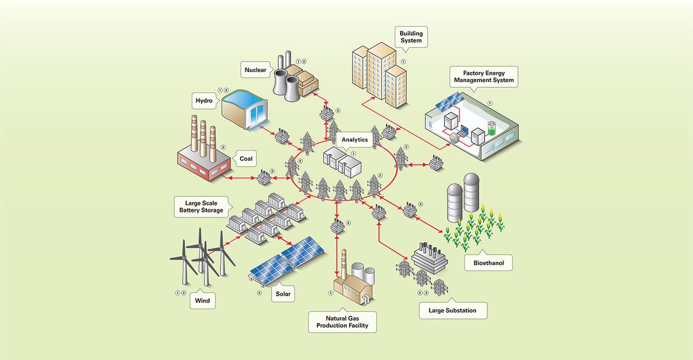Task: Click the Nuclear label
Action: coord(256,70)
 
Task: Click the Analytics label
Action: coord(355,140)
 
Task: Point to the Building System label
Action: coord(411,37)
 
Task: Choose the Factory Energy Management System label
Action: coord(483,76)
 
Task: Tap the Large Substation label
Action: coord(453,310)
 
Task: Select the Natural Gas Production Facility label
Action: coord(343,322)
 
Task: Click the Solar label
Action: coord(283,294)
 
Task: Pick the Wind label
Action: coord(202,300)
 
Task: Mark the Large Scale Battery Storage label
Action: coord(201,207)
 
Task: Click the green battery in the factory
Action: coord(492,128)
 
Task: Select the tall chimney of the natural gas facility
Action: coord(344,265)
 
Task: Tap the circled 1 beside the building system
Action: coord(403,63)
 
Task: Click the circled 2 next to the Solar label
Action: coord(259,293)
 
